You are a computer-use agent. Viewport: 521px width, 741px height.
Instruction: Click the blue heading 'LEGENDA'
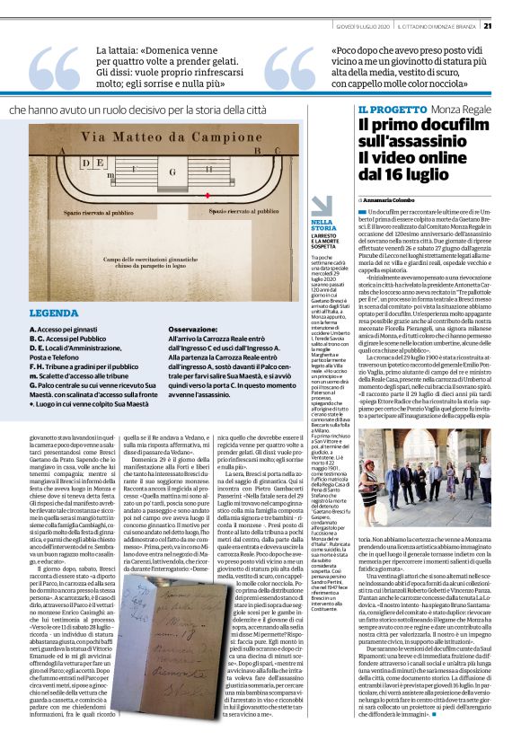tap(53, 313)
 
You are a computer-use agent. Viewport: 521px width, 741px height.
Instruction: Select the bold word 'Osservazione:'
tap(217, 330)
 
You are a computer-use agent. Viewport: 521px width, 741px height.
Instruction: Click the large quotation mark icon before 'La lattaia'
tap(53, 70)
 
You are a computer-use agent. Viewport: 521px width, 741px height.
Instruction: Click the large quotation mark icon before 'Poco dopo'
tap(288, 70)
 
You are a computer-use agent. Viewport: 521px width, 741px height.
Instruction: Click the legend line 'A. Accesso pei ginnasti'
tap(62, 330)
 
